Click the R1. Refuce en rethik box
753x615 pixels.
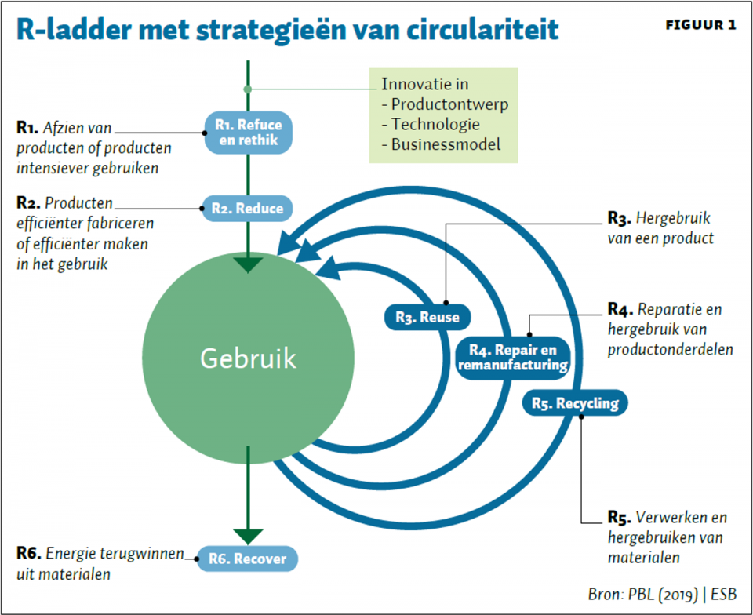click(x=249, y=133)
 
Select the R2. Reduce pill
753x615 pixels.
click(x=247, y=209)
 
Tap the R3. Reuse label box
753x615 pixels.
click(x=427, y=317)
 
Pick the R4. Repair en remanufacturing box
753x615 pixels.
click(x=513, y=358)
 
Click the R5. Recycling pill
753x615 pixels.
click(x=575, y=402)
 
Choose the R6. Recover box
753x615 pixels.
click(x=247, y=559)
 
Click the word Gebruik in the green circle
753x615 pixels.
click(x=248, y=358)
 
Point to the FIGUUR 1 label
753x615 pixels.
click(x=700, y=25)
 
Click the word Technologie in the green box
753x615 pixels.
click(x=435, y=125)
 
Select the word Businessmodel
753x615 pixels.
click(x=446, y=144)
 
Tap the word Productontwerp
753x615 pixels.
click(x=449, y=104)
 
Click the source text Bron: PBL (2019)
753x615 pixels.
click(x=642, y=595)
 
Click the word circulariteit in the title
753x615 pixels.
click(x=482, y=30)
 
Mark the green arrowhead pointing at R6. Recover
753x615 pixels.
click(x=248, y=537)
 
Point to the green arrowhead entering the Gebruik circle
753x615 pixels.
click(x=248, y=265)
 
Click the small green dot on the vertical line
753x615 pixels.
click(x=248, y=89)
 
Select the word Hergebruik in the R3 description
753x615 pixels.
click(x=673, y=218)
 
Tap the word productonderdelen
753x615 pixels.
click(x=671, y=350)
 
